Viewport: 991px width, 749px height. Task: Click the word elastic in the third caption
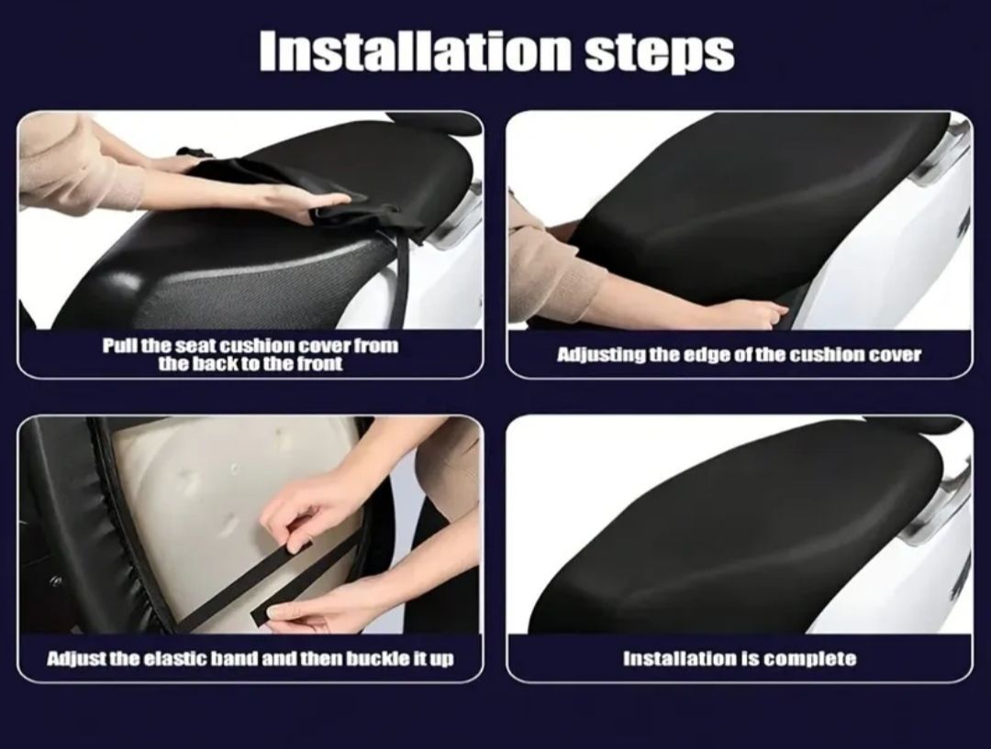pos(175,658)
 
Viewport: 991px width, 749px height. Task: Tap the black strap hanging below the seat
pos(394,278)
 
